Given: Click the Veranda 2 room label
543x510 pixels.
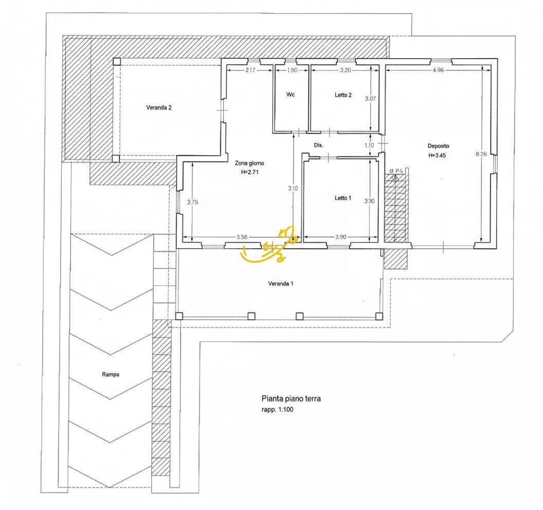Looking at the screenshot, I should click(x=158, y=108).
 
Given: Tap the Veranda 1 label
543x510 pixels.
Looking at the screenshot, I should click(x=281, y=284).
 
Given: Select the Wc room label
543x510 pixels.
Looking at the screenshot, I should click(x=291, y=95).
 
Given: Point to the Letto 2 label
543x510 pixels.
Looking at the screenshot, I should click(x=343, y=95).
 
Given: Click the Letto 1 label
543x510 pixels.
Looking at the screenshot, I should click(x=343, y=198).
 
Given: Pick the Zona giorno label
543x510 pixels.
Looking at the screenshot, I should click(x=250, y=163).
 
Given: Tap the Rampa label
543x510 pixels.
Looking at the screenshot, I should click(x=111, y=374).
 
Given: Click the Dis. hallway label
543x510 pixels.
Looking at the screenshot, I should click(x=318, y=145).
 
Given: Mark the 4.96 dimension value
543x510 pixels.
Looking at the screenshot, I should click(x=438, y=70).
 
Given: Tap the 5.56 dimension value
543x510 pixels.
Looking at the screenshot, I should click(x=242, y=237).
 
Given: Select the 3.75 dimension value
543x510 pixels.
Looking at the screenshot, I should click(x=192, y=203).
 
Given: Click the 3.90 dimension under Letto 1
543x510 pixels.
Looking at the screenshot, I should click(x=340, y=237).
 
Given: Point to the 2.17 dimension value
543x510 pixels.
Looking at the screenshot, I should click(x=250, y=70).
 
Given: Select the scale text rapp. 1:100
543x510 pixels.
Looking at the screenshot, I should click(x=279, y=410).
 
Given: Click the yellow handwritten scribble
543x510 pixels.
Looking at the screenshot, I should click(x=270, y=247).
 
